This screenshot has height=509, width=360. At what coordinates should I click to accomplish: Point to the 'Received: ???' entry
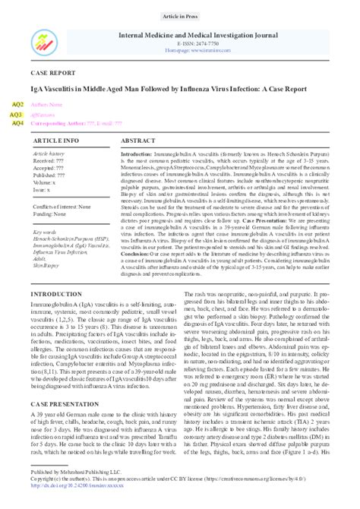point(50,161)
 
